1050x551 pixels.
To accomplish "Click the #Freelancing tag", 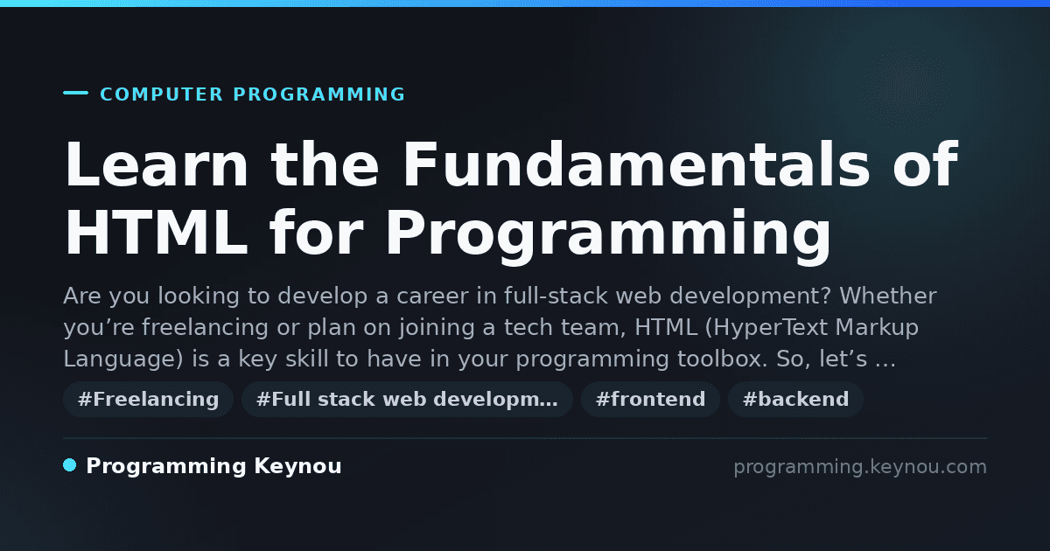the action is point(148,399).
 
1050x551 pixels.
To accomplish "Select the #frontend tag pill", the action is point(650,399).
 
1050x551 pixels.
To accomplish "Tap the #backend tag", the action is point(795,399).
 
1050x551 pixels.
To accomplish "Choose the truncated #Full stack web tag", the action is point(407,399).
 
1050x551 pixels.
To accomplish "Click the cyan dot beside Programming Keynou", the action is point(69,465).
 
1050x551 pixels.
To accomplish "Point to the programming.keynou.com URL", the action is point(860,467).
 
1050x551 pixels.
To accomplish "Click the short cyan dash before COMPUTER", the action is point(75,93).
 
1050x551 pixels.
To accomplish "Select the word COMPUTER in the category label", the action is point(161,94).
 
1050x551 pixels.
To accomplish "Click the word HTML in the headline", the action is point(157,233).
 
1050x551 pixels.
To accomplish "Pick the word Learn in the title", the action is point(157,164).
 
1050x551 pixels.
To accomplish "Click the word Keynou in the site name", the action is point(297,466).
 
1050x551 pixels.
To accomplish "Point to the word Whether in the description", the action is point(888,296).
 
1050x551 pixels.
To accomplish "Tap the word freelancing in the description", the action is point(205,327).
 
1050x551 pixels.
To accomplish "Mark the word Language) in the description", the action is point(123,359).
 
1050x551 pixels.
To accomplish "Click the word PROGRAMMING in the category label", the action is point(318,94).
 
